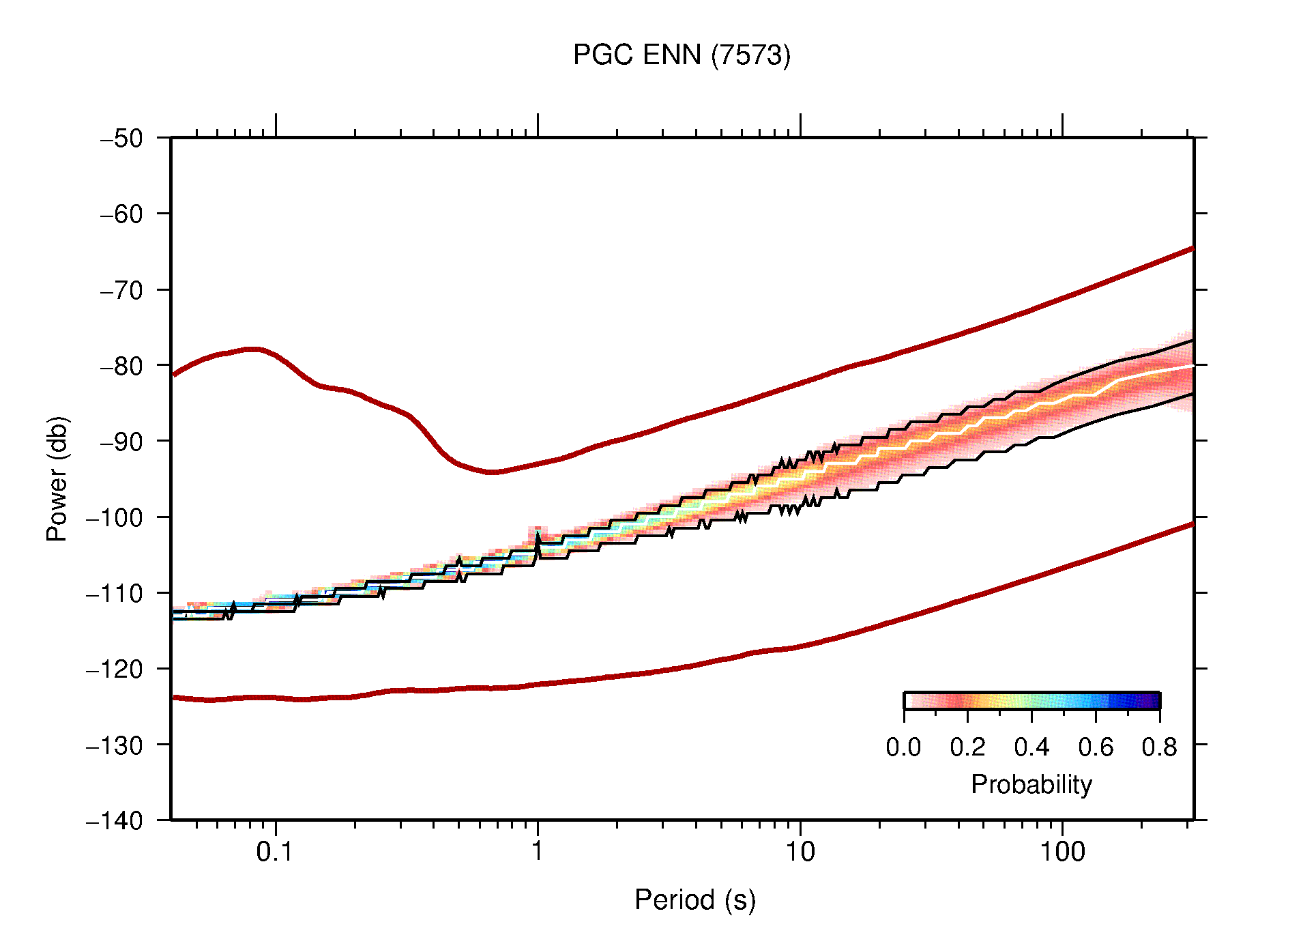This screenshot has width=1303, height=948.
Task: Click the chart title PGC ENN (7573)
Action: pyautogui.click(x=682, y=55)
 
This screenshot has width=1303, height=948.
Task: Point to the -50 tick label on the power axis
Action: pyautogui.click(x=122, y=139)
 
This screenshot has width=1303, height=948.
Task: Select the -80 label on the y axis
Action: pyautogui.click(x=122, y=366)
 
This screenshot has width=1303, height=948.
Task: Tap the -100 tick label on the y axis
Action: pyautogui.click(x=115, y=517)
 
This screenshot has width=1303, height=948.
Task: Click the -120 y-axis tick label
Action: pyautogui.click(x=115, y=669)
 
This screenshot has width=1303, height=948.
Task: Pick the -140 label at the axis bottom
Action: pyautogui.click(x=115, y=820)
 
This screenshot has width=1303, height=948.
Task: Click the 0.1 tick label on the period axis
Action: pyautogui.click(x=274, y=852)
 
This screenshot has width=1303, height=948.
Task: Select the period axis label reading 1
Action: pyautogui.click(x=538, y=852)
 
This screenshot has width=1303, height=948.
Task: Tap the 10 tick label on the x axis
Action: pyautogui.click(x=800, y=852)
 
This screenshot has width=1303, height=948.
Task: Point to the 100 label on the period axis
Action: pyautogui.click(x=1062, y=852)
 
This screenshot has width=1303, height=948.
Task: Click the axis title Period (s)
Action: pyautogui.click(x=694, y=900)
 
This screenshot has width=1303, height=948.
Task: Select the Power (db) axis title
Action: pyautogui.click(x=57, y=478)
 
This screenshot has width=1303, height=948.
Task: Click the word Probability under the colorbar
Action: pyautogui.click(x=1031, y=784)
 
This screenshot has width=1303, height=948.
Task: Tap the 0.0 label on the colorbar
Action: pyautogui.click(x=903, y=747)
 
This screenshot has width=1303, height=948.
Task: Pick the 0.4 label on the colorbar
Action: pyautogui.click(x=1031, y=747)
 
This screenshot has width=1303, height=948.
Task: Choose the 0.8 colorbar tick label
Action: pyautogui.click(x=1159, y=747)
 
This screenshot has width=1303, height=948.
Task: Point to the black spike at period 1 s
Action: pyautogui.click(x=538, y=539)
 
